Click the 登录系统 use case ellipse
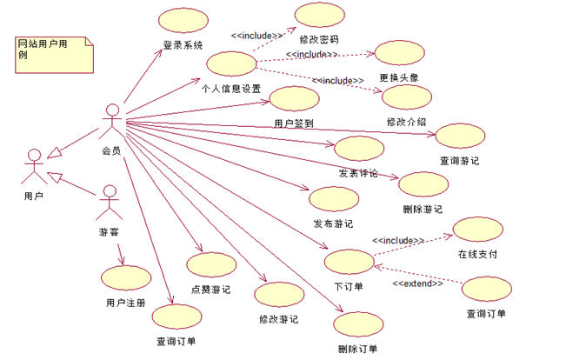[x=182, y=22]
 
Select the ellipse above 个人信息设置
[x=230, y=65]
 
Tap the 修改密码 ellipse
[x=319, y=17]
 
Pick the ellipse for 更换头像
[x=398, y=54]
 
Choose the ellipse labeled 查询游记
[x=459, y=137]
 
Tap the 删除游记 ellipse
[x=423, y=185]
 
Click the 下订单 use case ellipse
[x=348, y=263]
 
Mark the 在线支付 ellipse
[x=477, y=230]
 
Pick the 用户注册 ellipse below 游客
[x=125, y=278]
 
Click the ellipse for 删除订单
[x=357, y=325]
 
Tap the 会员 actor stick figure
[x=110, y=122]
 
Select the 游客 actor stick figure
[x=107, y=202]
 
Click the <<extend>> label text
[x=417, y=284]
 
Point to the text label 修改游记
[x=278, y=319]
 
